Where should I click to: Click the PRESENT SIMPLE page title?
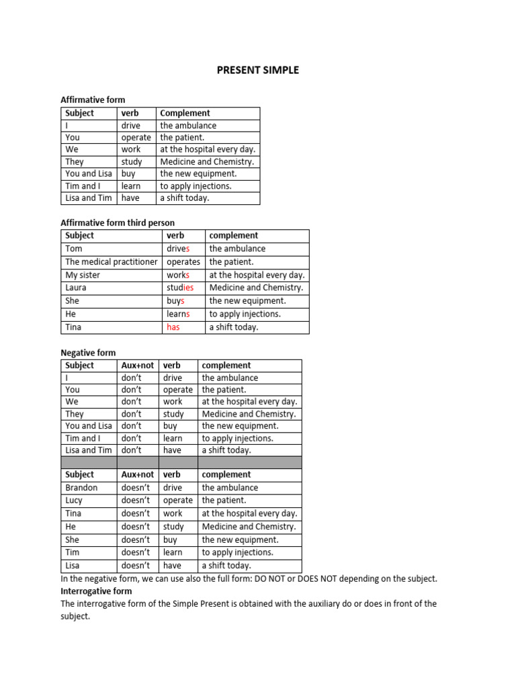(x=257, y=70)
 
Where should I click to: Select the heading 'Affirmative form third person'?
(x=118, y=222)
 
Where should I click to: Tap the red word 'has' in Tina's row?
(x=173, y=327)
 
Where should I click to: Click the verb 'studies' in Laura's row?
(x=180, y=288)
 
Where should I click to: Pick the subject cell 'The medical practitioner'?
(x=112, y=262)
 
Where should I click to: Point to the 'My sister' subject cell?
(x=83, y=275)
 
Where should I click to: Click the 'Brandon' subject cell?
(x=81, y=488)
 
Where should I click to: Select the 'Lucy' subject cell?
(x=75, y=501)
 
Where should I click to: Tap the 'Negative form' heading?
(x=88, y=353)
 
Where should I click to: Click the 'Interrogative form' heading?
(x=96, y=591)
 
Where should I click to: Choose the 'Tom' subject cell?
(x=74, y=249)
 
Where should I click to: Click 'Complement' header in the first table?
(x=185, y=114)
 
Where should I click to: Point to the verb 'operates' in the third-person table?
(x=183, y=262)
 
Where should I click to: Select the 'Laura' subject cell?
(x=76, y=288)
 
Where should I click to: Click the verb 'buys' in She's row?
(x=175, y=301)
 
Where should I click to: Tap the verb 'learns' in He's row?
(x=178, y=314)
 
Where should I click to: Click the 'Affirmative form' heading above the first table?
(x=93, y=100)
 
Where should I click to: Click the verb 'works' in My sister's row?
(x=178, y=275)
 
